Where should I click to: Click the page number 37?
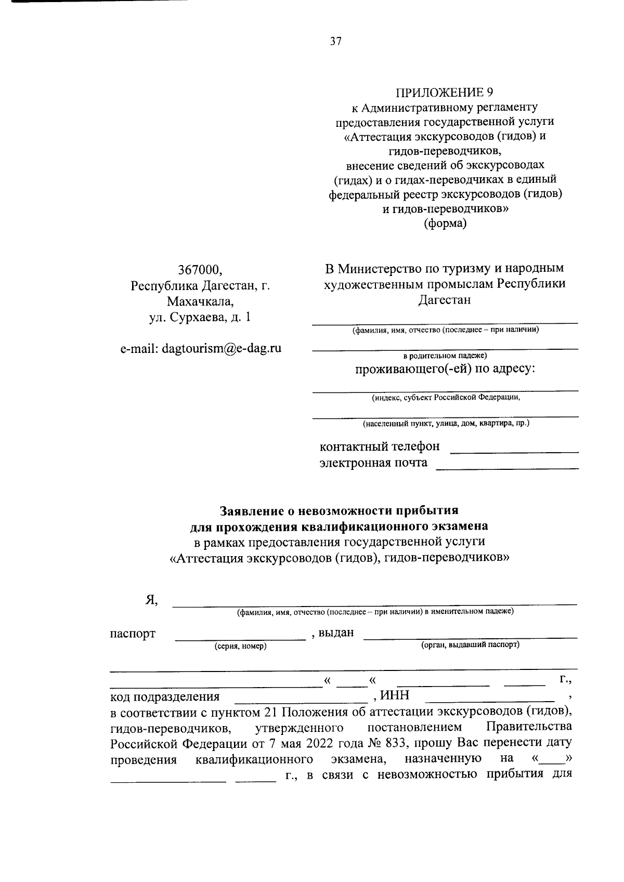[x=336, y=42]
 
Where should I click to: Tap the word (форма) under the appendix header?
[x=445, y=224]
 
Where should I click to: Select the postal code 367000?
[x=201, y=270]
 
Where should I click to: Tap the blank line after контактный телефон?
[x=513, y=450]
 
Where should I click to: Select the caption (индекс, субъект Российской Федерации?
[x=445, y=398]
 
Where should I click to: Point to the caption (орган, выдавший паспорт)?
[x=470, y=644]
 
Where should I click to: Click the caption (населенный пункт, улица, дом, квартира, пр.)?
[x=445, y=424]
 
